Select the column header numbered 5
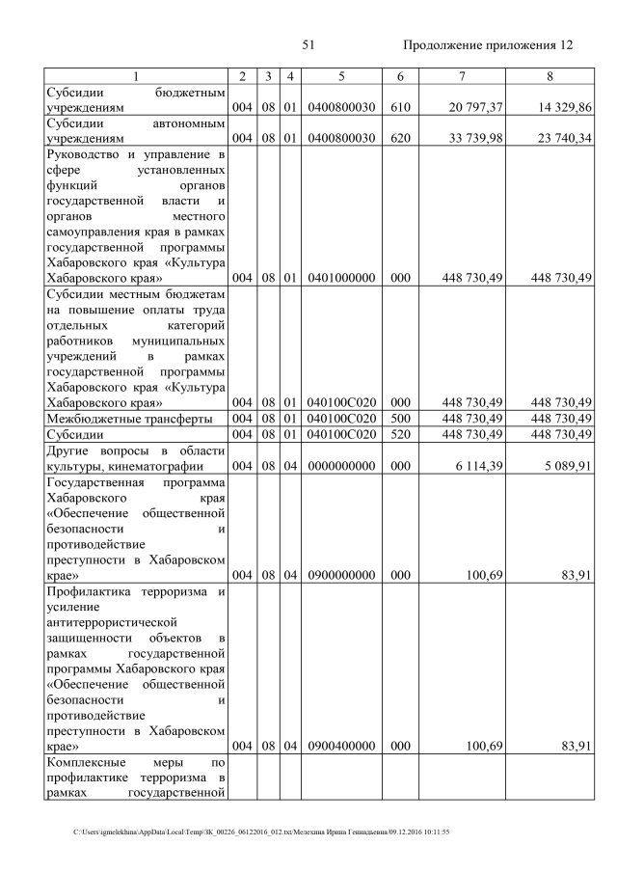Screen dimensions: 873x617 (341, 75)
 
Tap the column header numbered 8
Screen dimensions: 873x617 (550, 75)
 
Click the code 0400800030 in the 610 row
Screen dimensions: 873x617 (341, 108)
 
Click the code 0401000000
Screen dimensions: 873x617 (341, 278)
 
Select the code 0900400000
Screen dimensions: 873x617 (341, 746)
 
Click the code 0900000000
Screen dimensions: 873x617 (341, 575)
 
